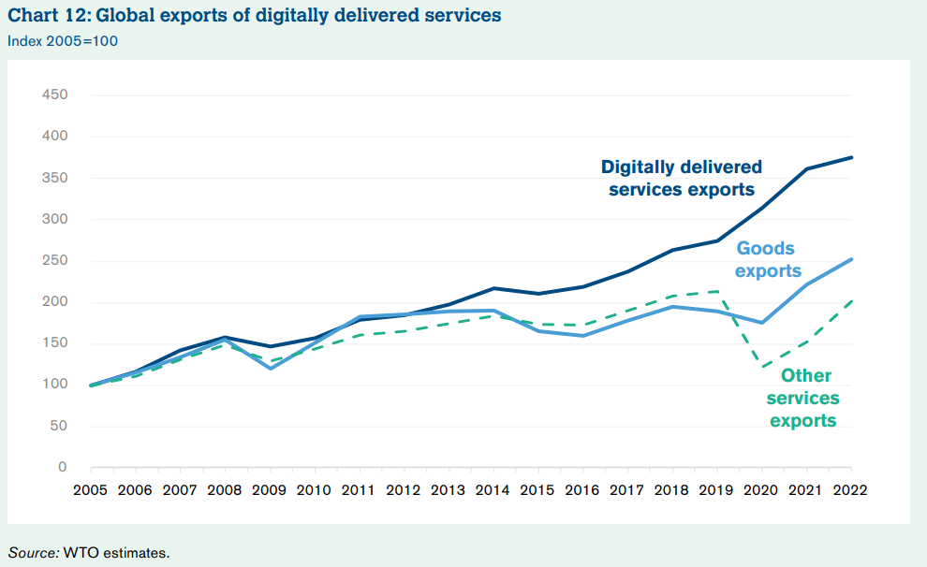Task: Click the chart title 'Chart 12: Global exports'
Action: click(254, 15)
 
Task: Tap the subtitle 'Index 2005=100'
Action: click(63, 40)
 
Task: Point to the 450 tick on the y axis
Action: click(54, 95)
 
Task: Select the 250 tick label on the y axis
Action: click(54, 261)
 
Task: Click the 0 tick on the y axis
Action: click(63, 467)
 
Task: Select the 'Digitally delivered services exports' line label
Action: click(682, 178)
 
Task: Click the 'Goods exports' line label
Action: click(767, 259)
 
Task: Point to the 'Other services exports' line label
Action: click(804, 399)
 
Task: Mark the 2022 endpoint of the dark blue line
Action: click(851, 157)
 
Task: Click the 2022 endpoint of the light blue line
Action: click(851, 259)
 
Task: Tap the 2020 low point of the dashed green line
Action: click(762, 367)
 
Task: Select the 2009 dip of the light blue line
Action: click(270, 368)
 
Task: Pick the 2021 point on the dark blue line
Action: click(806, 169)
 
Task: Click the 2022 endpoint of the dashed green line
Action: click(851, 300)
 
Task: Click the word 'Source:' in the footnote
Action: click(33, 552)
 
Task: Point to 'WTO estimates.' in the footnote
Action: click(117, 552)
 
